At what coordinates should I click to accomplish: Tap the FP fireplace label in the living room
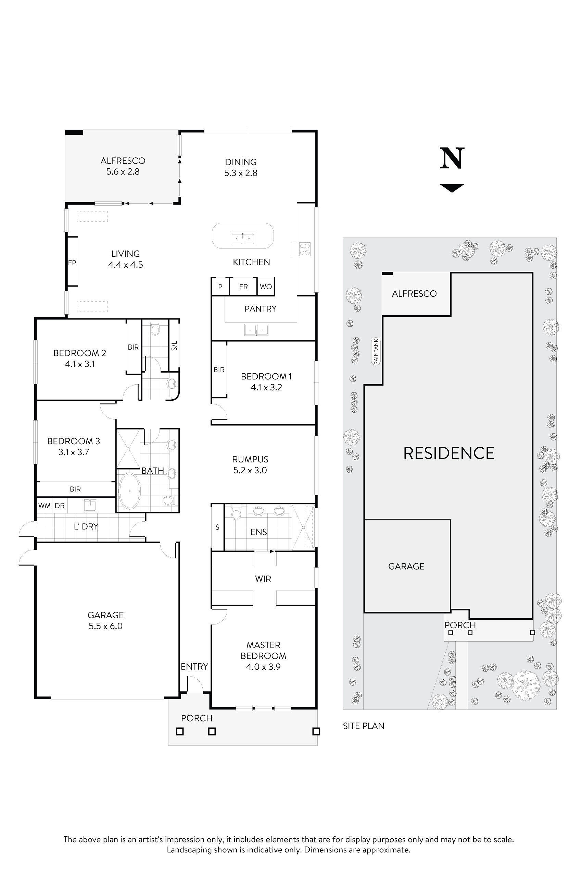(x=72, y=263)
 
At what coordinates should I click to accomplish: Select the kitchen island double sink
(x=243, y=239)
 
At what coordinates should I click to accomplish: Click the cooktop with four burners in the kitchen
(x=305, y=248)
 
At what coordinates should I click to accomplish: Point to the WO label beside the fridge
(x=266, y=287)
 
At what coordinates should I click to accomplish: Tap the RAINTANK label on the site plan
(x=376, y=352)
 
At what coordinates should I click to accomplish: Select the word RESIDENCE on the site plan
(x=448, y=453)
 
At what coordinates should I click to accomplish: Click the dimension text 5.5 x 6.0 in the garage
(x=105, y=626)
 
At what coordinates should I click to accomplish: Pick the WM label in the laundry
(x=45, y=506)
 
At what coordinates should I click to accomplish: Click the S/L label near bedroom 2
(x=174, y=346)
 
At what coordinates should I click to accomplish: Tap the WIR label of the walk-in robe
(x=263, y=579)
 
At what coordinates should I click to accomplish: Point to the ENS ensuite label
(x=258, y=532)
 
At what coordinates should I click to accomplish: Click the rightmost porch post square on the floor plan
(x=316, y=731)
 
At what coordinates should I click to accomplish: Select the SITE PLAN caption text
(x=363, y=726)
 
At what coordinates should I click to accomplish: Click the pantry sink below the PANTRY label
(x=256, y=329)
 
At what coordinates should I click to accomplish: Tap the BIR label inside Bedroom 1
(x=219, y=370)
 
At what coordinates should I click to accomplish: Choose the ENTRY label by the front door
(x=194, y=667)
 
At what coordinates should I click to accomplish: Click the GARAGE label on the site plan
(x=406, y=566)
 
